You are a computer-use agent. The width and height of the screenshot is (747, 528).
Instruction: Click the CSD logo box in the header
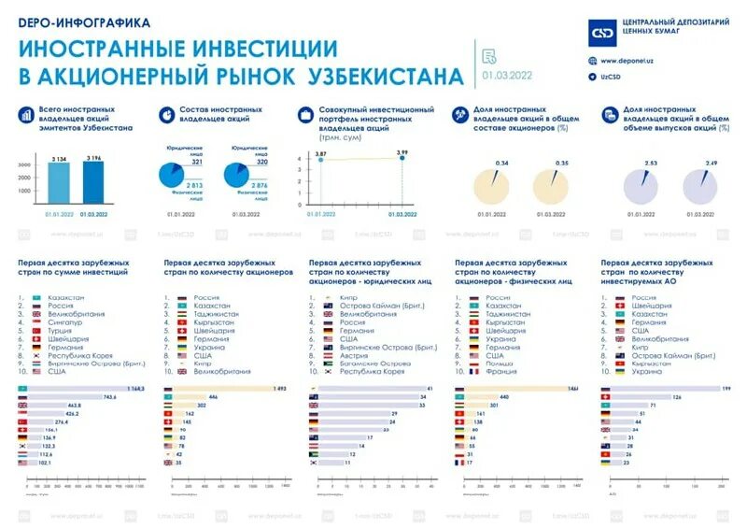[x=601, y=33]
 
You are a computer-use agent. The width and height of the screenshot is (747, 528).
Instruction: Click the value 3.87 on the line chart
[x=320, y=151]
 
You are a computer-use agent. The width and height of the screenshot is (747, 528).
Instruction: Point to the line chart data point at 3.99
[x=402, y=158]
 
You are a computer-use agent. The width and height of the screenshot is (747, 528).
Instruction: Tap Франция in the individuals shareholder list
[x=500, y=372]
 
